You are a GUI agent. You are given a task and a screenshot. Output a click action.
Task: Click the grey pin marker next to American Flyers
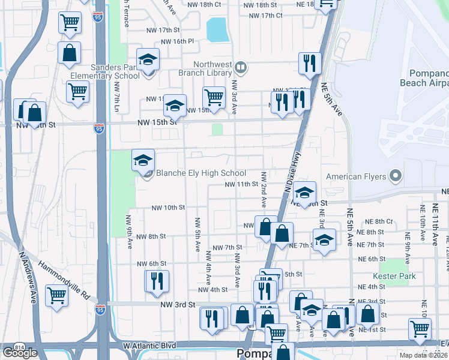click(x=395, y=176)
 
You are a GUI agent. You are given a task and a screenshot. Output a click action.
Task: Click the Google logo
click(x=20, y=353)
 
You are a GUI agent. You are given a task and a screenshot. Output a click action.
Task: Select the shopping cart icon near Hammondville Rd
click(x=56, y=295)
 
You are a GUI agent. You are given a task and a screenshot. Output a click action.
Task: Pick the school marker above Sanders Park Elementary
click(x=148, y=59)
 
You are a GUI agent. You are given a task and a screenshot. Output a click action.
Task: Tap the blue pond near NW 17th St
click(x=217, y=29)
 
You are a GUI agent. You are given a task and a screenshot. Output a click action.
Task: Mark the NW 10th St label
click(x=168, y=208)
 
